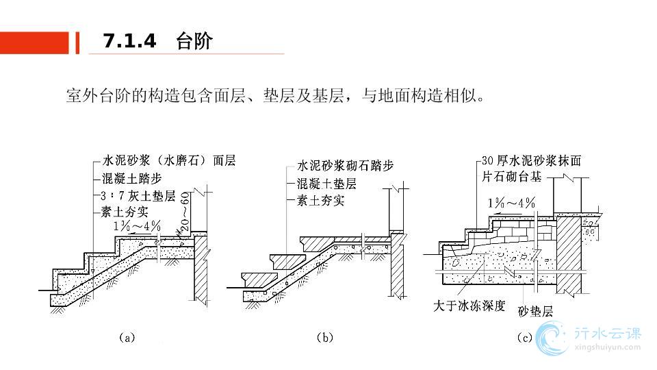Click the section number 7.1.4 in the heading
coord(129,41)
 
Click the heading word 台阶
coord(194,41)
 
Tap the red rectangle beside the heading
coord(34,42)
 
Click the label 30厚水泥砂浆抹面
coord(531,162)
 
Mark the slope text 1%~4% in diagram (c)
coord(511,203)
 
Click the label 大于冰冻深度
coord(469,306)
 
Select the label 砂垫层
coord(535,312)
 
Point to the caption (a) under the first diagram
coord(127,337)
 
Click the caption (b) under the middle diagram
coord(324,337)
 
